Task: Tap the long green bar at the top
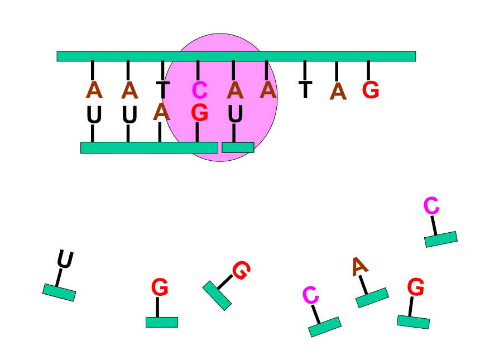236,56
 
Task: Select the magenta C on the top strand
200,90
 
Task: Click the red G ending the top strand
371,90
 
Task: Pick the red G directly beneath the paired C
200,112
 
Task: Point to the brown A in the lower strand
162,112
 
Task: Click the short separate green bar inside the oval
238,147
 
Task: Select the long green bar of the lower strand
149,147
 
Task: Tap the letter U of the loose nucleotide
65,259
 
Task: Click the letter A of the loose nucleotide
359,266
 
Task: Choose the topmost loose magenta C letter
431,205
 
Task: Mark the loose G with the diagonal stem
241,270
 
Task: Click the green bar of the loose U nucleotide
59,292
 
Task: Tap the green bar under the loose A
372,297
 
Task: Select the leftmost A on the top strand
94,90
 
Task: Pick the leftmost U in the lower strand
94,114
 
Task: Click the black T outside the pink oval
305,90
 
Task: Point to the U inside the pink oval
236,114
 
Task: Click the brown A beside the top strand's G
338,91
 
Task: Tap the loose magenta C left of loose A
311,295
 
